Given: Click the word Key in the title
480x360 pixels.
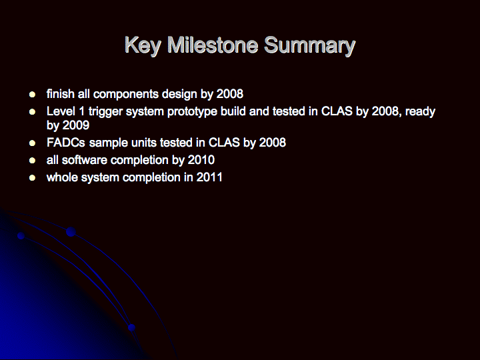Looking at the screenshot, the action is coord(143,46).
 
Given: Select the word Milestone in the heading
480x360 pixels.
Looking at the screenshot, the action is coord(213,45).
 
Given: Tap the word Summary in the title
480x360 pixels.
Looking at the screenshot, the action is coord(309,46).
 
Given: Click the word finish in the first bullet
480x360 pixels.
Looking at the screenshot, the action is coord(60,94).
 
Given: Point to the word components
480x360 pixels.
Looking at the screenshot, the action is coord(125,94).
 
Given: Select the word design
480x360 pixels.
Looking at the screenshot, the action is coord(179,94).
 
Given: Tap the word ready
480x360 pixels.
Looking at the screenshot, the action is coord(420,112).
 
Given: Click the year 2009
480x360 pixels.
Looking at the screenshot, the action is coord(76,125).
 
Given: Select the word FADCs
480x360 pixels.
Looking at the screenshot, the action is coord(66,143).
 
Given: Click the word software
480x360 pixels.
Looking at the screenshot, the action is coord(85,160).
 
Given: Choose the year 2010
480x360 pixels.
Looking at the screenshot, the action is coord(201,160).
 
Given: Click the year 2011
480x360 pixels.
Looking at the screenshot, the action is coord(209,177).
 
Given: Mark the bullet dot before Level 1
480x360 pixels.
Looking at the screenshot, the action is coord(32,112).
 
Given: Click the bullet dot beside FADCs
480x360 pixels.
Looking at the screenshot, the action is coord(32,143).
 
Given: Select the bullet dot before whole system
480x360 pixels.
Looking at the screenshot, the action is coord(32,178).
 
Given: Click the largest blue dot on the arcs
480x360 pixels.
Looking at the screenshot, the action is coord(71,232).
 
